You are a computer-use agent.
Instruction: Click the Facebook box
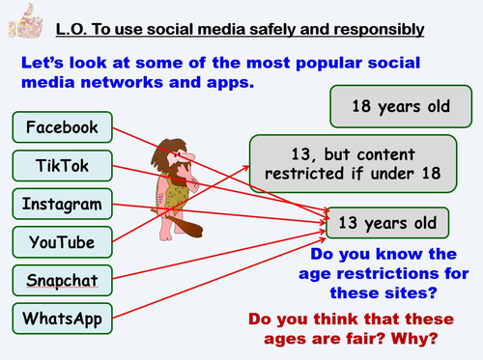pos(63,127)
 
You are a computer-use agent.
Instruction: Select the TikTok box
pos(63,166)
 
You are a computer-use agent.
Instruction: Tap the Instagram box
pos(63,204)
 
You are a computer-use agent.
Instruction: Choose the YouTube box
pos(63,242)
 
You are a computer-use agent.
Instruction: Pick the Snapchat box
pos(63,280)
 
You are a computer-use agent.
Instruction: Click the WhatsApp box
pos(63,318)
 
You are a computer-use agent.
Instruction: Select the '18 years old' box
pos(401,106)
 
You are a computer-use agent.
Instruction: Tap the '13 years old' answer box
pos(387,223)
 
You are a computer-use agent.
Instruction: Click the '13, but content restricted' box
pos(353,164)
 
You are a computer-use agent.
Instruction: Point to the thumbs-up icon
pos(26,21)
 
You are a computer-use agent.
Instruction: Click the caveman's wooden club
pos(182,223)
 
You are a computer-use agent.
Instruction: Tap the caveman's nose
pos(189,156)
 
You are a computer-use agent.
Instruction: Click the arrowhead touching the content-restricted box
pos(246,168)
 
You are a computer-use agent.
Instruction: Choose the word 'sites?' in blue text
pos(411,293)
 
